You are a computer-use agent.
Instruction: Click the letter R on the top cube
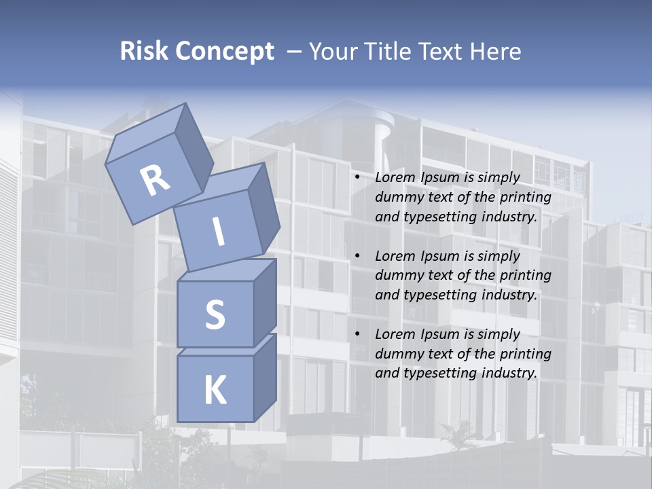tap(156, 181)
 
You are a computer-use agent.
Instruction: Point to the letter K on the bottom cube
tap(215, 391)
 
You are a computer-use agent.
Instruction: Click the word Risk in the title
tap(143, 52)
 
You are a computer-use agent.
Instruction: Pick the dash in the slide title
tap(295, 52)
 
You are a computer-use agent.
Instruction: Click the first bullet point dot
tap(357, 178)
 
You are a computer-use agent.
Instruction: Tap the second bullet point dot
tap(357, 257)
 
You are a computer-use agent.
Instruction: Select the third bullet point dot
tap(357, 335)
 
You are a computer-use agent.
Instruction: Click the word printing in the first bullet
tap(525, 198)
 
